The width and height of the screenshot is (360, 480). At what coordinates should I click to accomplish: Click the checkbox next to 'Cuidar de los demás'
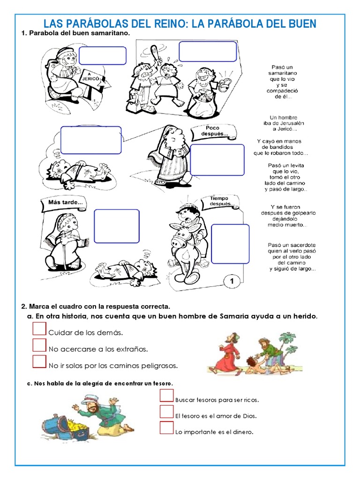(x=40, y=329)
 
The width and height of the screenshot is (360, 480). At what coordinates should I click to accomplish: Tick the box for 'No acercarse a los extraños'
(x=40, y=345)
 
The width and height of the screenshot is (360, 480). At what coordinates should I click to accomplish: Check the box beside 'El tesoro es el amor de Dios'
(x=166, y=412)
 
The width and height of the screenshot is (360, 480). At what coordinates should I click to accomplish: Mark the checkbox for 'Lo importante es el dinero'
(x=166, y=428)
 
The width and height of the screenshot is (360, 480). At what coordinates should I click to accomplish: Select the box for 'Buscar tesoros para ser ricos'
(x=166, y=396)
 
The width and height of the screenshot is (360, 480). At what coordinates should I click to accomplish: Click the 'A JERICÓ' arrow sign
(x=94, y=78)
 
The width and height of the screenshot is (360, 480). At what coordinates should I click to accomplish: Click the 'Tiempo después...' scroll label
(x=220, y=202)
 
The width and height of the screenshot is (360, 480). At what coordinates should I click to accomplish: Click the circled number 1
(x=232, y=281)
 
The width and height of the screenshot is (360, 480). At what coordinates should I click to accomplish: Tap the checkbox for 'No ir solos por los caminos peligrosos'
(x=40, y=361)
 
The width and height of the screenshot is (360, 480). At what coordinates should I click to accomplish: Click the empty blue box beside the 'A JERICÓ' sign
(x=102, y=56)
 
